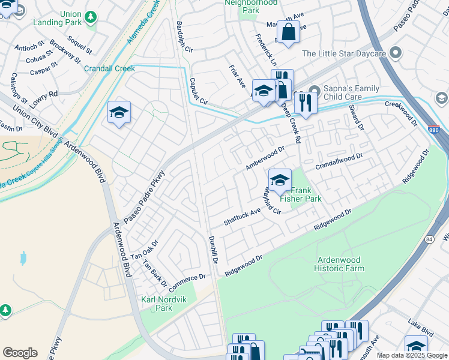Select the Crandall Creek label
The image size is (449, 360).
[109, 68]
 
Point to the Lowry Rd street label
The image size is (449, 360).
[44, 99]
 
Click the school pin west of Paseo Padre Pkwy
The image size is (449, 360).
[119, 112]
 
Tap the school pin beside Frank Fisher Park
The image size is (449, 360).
[279, 179]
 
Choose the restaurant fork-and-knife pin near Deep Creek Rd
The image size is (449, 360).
[306, 103]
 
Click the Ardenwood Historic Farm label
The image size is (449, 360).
[339, 264]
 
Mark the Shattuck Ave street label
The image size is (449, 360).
[242, 216]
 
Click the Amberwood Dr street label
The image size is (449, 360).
[265, 158]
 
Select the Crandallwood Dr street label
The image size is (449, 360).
[339, 158]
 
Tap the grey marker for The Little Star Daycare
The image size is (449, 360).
[395, 53]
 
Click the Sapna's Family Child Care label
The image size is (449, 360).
[351, 92]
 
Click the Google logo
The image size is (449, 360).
[20, 353]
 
